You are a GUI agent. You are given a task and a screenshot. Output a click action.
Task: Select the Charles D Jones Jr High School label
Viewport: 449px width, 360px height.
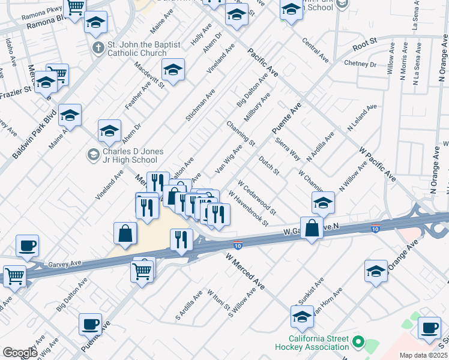pyautogui.click(x=129, y=156)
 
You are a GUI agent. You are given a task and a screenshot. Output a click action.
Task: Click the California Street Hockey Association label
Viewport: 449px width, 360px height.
pyautogui.click(x=312, y=343)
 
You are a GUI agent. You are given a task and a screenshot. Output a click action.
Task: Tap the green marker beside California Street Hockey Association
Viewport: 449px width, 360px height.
pyautogui.click(x=358, y=342)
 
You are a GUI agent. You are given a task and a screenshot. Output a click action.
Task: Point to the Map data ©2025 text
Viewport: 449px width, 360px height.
pyautogui.click(x=423, y=355)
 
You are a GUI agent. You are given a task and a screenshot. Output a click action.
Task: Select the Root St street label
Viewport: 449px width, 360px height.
pyautogui.click(x=364, y=43)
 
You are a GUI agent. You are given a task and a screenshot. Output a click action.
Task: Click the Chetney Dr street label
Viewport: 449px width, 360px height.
pyautogui.click(x=360, y=64)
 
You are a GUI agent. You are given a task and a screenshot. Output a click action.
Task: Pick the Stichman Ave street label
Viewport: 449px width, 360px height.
pyautogui.click(x=200, y=106)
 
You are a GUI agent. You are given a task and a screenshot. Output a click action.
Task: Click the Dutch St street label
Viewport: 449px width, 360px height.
pyautogui.click(x=269, y=166)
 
